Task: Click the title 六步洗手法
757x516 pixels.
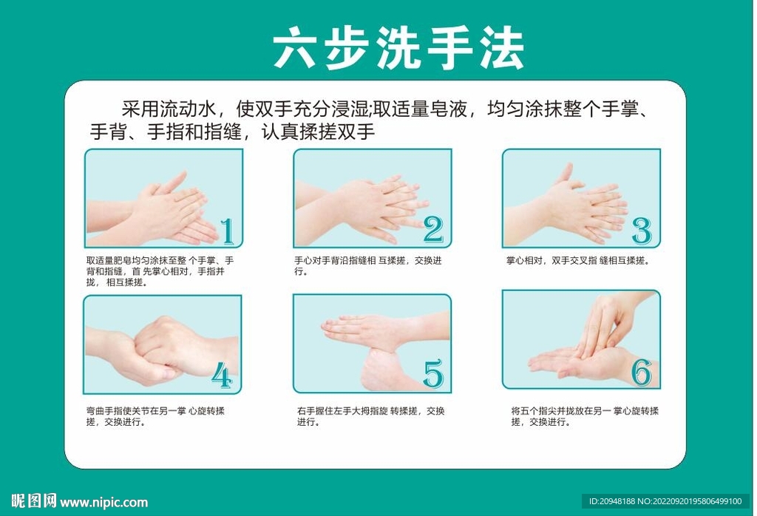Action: pyautogui.click(x=398, y=48)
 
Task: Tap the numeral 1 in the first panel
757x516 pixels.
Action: pyautogui.click(x=228, y=231)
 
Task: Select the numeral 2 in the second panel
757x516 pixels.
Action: pyautogui.click(x=433, y=229)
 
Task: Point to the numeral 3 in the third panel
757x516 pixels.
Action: pyautogui.click(x=642, y=231)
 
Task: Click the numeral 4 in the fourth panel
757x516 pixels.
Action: pyautogui.click(x=222, y=375)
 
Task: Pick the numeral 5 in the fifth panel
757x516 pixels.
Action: pyautogui.click(x=433, y=373)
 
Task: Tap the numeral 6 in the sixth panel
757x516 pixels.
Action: pyautogui.click(x=642, y=372)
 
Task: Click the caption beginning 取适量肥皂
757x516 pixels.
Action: pyautogui.click(x=160, y=271)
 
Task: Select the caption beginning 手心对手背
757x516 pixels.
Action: pyautogui.click(x=368, y=266)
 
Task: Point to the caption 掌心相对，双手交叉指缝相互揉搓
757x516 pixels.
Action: pyautogui.click(x=578, y=261)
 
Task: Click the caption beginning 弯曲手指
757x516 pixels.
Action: pyautogui.click(x=155, y=416)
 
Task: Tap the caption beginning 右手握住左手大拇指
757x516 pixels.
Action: pyautogui.click(x=370, y=416)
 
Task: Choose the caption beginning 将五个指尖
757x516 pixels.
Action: pyautogui.click(x=585, y=416)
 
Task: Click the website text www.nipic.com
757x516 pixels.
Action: pyautogui.click(x=103, y=503)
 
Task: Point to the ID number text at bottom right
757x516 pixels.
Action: pyautogui.click(x=665, y=501)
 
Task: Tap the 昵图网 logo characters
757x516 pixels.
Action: pyautogui.click(x=33, y=501)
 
